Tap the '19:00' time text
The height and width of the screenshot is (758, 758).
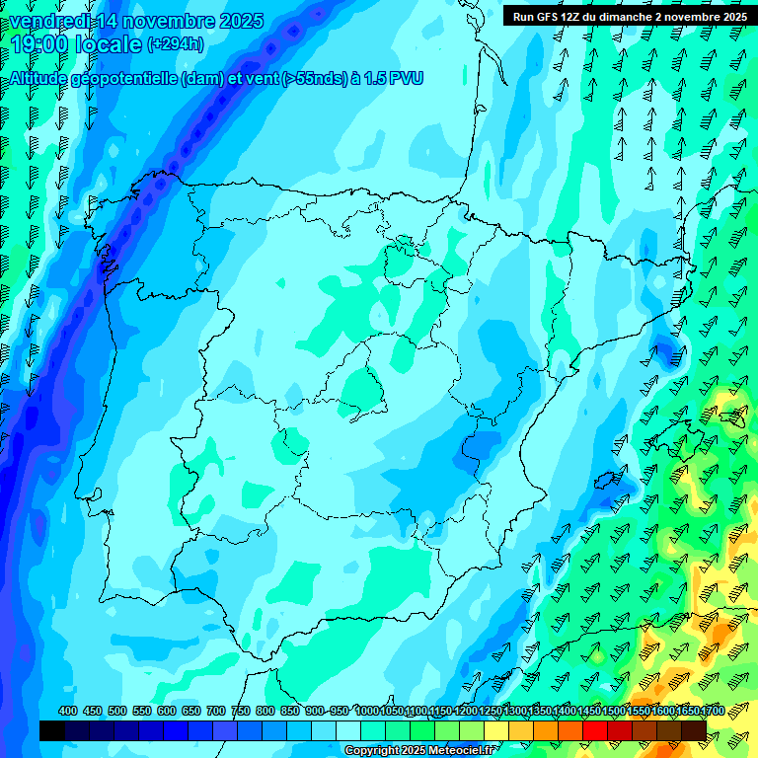[39, 44]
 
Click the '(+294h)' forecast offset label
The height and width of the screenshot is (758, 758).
[176, 43]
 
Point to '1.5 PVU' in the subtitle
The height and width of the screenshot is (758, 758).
[394, 78]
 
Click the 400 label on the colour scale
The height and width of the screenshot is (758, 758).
[67, 712]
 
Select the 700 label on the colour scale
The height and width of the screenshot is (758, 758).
[215, 712]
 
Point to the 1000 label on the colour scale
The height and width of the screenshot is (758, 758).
[366, 712]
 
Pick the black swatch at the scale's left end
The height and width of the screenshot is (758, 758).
[51, 730]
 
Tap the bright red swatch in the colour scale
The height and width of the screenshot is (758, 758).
[595, 730]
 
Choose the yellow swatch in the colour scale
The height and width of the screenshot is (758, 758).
[496, 730]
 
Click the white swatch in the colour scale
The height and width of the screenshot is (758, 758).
[348, 730]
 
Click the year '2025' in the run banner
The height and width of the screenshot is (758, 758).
[734, 16]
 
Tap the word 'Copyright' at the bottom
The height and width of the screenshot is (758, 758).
[369, 751]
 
